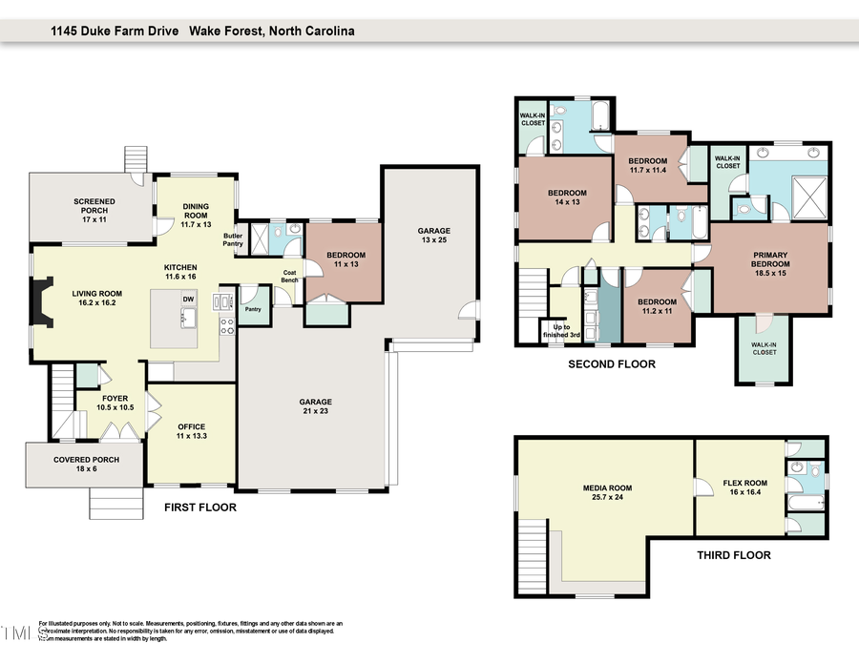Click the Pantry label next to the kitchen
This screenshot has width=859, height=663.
[x=253, y=309]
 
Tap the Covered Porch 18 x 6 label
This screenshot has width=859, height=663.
[x=86, y=465]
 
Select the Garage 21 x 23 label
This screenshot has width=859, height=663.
[x=314, y=407]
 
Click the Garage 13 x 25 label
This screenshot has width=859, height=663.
[x=433, y=237]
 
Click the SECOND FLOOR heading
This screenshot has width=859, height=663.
[x=612, y=364]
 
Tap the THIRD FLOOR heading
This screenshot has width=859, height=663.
[x=733, y=555]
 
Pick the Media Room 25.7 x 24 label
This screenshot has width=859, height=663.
[x=607, y=493]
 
